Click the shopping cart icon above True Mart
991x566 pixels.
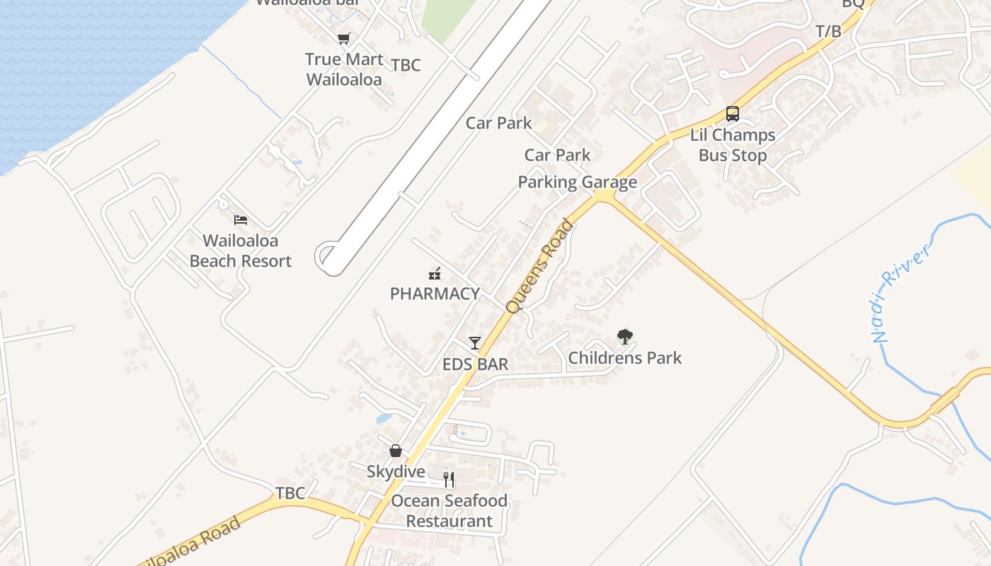pyautogui.click(x=343, y=39)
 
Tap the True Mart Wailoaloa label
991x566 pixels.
pyautogui.click(x=344, y=69)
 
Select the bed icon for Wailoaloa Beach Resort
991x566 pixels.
pyautogui.click(x=241, y=220)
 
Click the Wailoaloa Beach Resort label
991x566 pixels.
pyautogui.click(x=241, y=251)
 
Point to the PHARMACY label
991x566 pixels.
pyautogui.click(x=435, y=294)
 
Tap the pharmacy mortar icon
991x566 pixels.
pyautogui.click(x=435, y=273)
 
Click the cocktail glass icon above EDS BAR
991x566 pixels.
pyautogui.click(x=475, y=343)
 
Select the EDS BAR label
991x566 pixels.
pyautogui.click(x=475, y=364)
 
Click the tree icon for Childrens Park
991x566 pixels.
pyautogui.click(x=624, y=337)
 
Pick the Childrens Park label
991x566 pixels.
pyautogui.click(x=625, y=358)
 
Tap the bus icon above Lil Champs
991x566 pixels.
pyautogui.click(x=733, y=114)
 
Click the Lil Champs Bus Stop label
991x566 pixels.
pyautogui.click(x=733, y=145)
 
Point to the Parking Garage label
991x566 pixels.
pyautogui.click(x=577, y=183)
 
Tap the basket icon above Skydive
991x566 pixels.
pyautogui.click(x=396, y=451)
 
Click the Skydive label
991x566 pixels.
pyautogui.click(x=396, y=472)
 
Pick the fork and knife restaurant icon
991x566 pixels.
pyautogui.click(x=449, y=480)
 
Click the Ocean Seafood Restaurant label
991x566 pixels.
pyautogui.click(x=449, y=511)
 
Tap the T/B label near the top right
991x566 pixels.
pyautogui.click(x=828, y=32)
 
